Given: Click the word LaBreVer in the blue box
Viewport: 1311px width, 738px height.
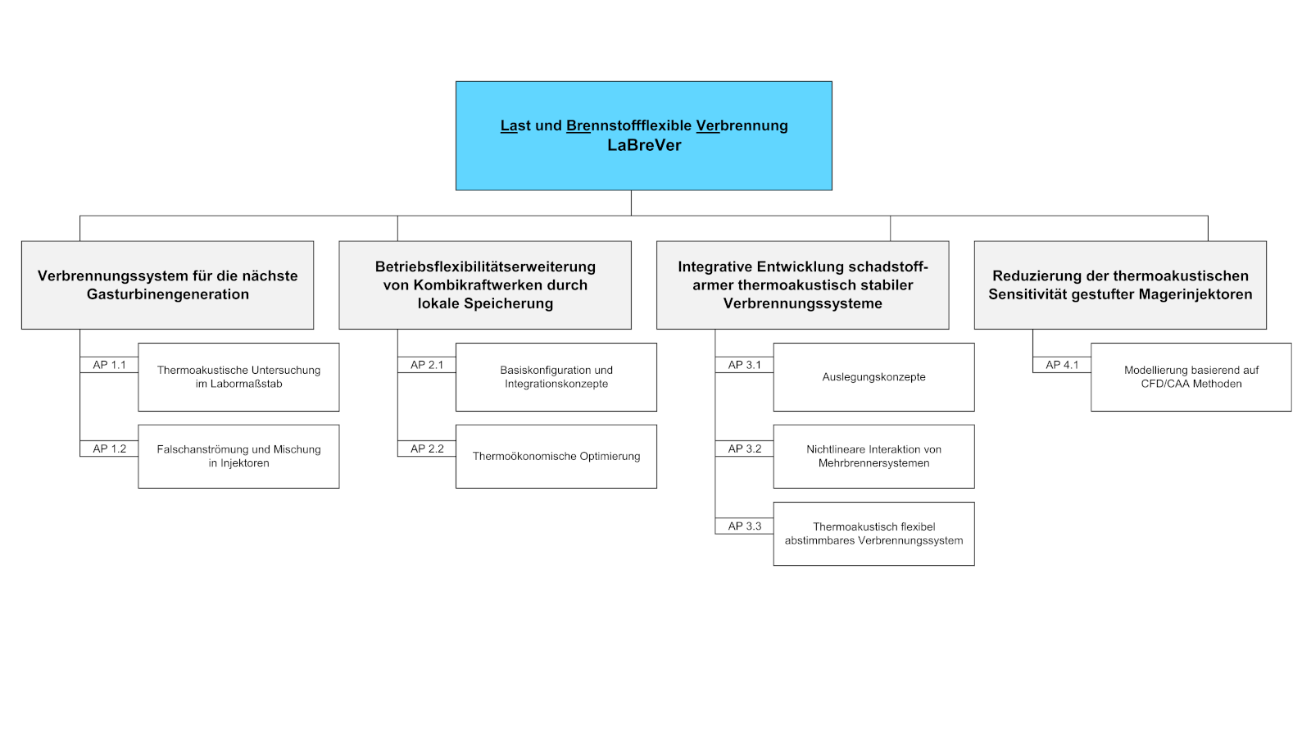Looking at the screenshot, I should pyautogui.click(x=644, y=146).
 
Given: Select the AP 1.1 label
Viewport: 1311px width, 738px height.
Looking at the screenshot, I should pyautogui.click(x=109, y=365).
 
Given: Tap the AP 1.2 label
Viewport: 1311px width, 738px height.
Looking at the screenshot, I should pyautogui.click(x=109, y=449).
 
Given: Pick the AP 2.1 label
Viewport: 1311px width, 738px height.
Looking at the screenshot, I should pyautogui.click(x=427, y=365).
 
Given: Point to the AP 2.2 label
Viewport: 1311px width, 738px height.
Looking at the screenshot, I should pyautogui.click(x=427, y=449).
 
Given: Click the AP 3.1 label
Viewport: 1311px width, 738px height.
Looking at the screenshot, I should pyautogui.click(x=744, y=365).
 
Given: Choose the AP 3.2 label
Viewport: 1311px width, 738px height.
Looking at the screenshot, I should pyautogui.click(x=744, y=449).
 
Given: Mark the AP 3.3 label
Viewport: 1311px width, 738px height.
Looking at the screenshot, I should pyautogui.click(x=744, y=526).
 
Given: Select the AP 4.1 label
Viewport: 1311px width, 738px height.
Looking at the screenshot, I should pyautogui.click(x=1062, y=365).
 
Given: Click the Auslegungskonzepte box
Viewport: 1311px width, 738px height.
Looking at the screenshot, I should pyautogui.click(x=873, y=377).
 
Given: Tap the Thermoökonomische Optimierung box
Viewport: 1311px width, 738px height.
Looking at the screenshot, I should pyautogui.click(x=556, y=457).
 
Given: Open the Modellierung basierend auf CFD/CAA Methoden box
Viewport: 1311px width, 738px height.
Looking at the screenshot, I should pyautogui.click(x=1191, y=377).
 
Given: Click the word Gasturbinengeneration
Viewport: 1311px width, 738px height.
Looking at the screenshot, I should pyautogui.click(x=168, y=294).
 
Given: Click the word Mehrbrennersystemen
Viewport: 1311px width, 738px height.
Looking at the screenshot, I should pyautogui.click(x=873, y=463).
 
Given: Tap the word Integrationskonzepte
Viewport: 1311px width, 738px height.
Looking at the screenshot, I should pyautogui.click(x=556, y=384).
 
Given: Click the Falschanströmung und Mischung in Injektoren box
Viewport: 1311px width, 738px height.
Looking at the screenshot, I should pyautogui.click(x=238, y=457).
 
